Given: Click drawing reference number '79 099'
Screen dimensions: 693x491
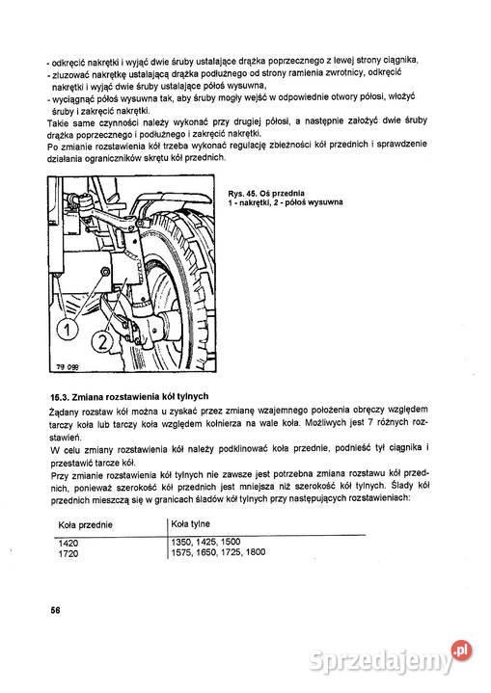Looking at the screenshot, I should coord(60,367).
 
